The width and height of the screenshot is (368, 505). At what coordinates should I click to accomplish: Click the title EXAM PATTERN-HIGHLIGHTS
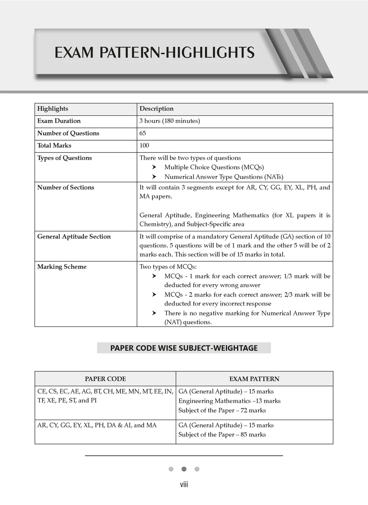pos(155,53)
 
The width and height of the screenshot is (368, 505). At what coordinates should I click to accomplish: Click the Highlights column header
pos(52,109)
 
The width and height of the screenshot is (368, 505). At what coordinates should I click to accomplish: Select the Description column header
pos(156,109)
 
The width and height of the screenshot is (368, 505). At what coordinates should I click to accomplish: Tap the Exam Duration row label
pos(59,121)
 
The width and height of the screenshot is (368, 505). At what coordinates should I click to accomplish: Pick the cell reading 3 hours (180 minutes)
pos(170,121)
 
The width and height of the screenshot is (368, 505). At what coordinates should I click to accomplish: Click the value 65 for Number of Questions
pos(143,133)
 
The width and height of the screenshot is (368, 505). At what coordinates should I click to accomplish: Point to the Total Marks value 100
pos(144,145)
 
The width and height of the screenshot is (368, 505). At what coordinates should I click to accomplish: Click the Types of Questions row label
pos(65,158)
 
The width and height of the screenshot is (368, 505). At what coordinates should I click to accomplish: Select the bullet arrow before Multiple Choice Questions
pos(154,167)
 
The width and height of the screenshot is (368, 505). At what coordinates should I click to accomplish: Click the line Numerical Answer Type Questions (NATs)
pos(224,177)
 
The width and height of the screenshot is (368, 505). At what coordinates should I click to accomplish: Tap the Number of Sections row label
pos(66,187)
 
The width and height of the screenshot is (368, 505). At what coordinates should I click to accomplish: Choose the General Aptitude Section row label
pos(74,236)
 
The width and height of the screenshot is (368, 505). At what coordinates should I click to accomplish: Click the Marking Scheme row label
pos(62,266)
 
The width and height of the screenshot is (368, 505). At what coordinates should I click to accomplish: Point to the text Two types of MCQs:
pos(168,266)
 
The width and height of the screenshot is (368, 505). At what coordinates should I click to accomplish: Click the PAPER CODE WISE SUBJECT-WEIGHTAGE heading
pos(184,348)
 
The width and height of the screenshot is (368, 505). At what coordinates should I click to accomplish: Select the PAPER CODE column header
pos(105,379)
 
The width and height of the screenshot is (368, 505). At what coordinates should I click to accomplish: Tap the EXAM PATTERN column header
pos(254,379)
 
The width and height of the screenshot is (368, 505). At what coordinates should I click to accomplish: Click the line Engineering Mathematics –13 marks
pos(229,401)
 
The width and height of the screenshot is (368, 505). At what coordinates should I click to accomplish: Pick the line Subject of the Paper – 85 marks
pos(222,434)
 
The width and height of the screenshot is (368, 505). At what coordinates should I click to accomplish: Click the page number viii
pos(184,485)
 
